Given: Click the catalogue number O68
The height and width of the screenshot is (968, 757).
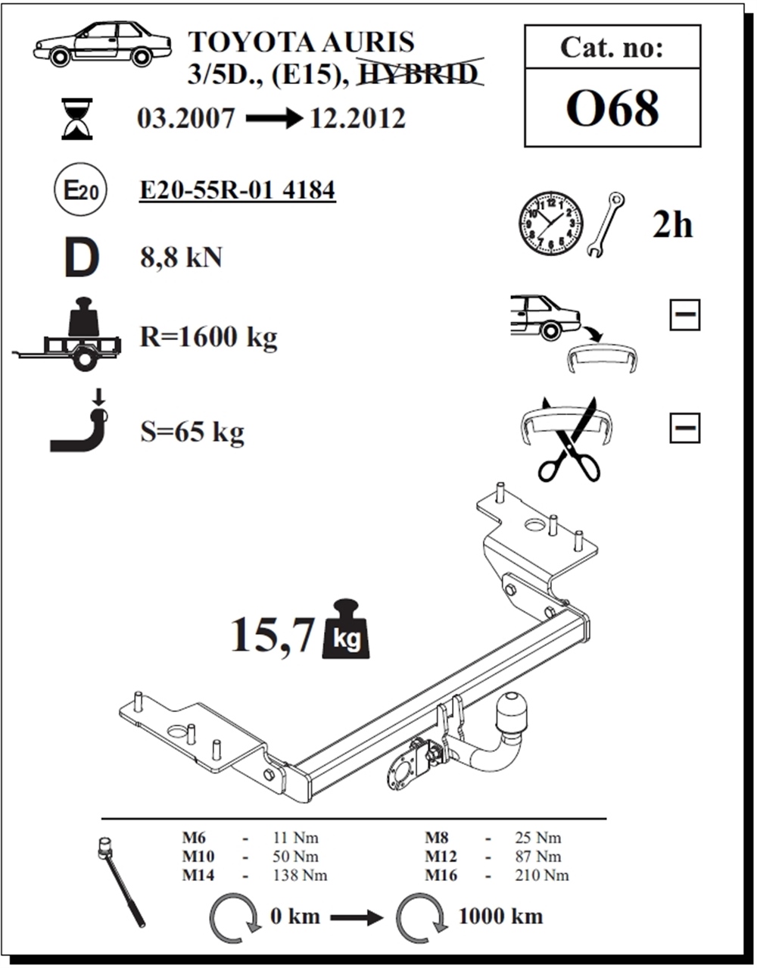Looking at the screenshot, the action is [612, 108].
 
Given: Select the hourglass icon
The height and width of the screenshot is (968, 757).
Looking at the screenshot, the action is [77, 119].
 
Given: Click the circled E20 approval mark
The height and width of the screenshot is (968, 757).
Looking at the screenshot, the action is [80, 189].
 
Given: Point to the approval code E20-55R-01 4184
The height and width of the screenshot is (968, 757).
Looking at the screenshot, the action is [237, 190].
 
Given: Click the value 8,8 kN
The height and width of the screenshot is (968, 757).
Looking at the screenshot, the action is [181, 258].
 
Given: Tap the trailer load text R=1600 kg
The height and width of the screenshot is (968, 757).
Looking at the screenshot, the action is [208, 337].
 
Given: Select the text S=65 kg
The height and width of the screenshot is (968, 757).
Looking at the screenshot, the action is [192, 432].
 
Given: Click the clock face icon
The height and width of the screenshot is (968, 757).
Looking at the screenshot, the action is [550, 223].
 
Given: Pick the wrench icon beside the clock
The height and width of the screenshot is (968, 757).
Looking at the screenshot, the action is [606, 224].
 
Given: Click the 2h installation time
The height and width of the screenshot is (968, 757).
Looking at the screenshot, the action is [672, 224].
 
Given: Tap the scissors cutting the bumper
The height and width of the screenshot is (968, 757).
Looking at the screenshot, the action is [569, 439].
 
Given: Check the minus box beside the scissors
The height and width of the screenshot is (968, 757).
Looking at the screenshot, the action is [684, 428].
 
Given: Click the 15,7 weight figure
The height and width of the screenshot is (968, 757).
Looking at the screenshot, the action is [273, 634].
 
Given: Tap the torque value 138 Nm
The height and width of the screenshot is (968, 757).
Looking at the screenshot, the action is [300, 876].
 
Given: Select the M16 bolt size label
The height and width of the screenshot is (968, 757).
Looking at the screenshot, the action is [441, 876].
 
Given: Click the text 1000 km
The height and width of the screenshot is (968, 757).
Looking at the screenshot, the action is [500, 916].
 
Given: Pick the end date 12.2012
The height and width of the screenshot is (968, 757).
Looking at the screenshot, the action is [357, 118].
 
